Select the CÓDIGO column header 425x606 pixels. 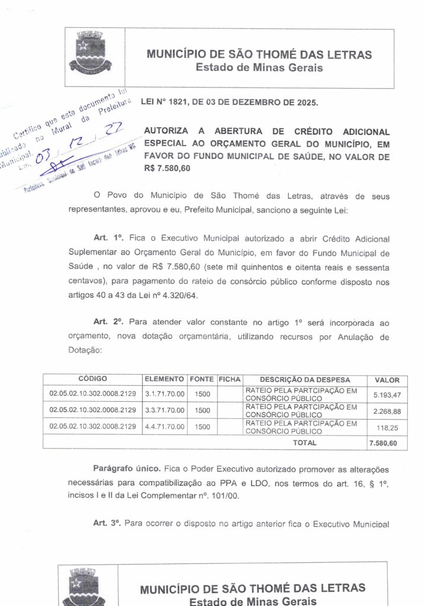92,379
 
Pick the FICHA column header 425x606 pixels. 228,379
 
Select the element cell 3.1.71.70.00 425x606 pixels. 165,393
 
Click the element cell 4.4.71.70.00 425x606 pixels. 165,426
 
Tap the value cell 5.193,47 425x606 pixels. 387,394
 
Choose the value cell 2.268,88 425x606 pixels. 387,410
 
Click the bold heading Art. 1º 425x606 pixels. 108,238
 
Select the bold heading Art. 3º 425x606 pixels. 108,523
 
